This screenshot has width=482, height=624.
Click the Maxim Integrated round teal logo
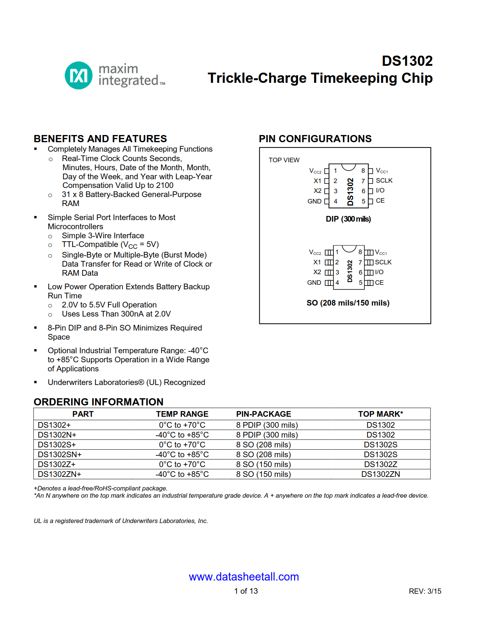79,76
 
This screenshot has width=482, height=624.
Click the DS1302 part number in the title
407,61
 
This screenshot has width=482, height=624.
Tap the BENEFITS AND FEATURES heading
100,139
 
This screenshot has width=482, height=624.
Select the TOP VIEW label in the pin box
284,160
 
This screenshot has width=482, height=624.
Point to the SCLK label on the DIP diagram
384,181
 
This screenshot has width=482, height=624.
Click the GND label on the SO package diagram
314,283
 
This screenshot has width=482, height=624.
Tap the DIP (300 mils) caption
348,219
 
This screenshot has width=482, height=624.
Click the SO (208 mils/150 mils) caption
348,303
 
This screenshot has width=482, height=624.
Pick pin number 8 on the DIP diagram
363,171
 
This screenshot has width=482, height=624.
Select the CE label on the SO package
379,283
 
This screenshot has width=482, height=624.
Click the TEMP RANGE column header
182,414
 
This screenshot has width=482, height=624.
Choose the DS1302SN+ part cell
60,455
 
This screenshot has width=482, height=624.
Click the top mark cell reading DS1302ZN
380,474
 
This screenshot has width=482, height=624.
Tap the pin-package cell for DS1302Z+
263,464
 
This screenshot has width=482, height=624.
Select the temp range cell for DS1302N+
182,435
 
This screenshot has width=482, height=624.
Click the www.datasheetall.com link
244,577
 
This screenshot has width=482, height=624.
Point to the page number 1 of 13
246,591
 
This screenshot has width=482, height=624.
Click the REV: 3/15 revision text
425,591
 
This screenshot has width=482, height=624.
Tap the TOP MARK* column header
380,414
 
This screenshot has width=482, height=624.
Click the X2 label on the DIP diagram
318,191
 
